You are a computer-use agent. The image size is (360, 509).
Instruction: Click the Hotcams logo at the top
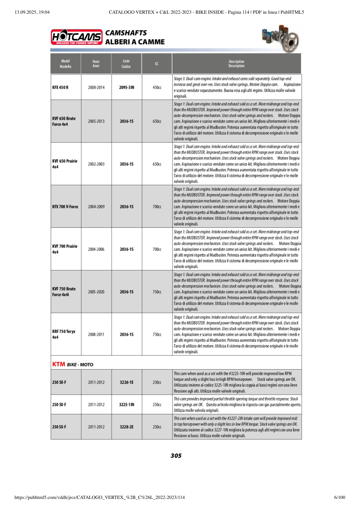[x=76, y=37]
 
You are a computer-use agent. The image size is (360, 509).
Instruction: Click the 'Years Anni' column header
[x=96, y=64]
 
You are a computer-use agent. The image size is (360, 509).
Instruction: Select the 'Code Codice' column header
[x=126, y=64]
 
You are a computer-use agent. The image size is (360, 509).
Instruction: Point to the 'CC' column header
[x=156, y=64]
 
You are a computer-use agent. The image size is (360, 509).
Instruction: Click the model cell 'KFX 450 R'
[x=60, y=87]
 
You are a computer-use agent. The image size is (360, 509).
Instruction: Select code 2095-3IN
[x=127, y=87]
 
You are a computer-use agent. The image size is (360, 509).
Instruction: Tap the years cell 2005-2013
[x=96, y=121]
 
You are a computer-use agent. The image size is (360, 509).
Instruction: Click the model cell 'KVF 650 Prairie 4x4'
[x=65, y=164]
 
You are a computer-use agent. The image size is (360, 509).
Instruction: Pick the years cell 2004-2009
[x=96, y=207]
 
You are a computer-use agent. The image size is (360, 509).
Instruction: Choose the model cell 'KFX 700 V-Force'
[x=65, y=207]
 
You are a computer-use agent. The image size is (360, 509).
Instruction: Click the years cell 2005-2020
[x=96, y=292]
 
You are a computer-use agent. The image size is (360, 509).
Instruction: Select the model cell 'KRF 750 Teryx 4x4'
[x=64, y=334]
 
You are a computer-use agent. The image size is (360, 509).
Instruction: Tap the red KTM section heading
[x=58, y=364]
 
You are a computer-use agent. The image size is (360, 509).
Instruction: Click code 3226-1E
[x=127, y=382]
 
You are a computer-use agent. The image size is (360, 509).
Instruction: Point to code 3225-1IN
[x=127, y=405]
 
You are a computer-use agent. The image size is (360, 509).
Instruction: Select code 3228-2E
[x=127, y=426]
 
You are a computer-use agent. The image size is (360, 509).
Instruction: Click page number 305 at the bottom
[x=176, y=456]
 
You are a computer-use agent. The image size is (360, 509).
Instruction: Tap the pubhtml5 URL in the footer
[x=100, y=497]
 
